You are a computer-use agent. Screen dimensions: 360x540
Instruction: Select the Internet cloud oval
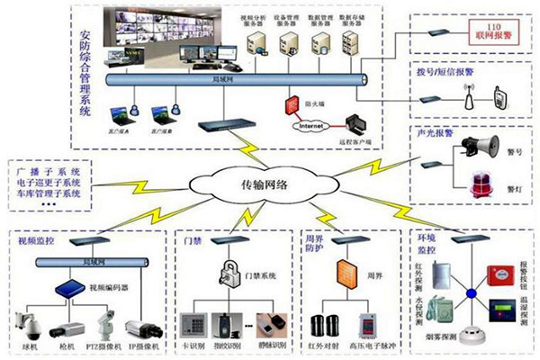(309, 126)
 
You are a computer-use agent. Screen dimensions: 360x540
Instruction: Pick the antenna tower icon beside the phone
(468, 96)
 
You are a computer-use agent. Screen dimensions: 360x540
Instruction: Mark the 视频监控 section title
(37, 242)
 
